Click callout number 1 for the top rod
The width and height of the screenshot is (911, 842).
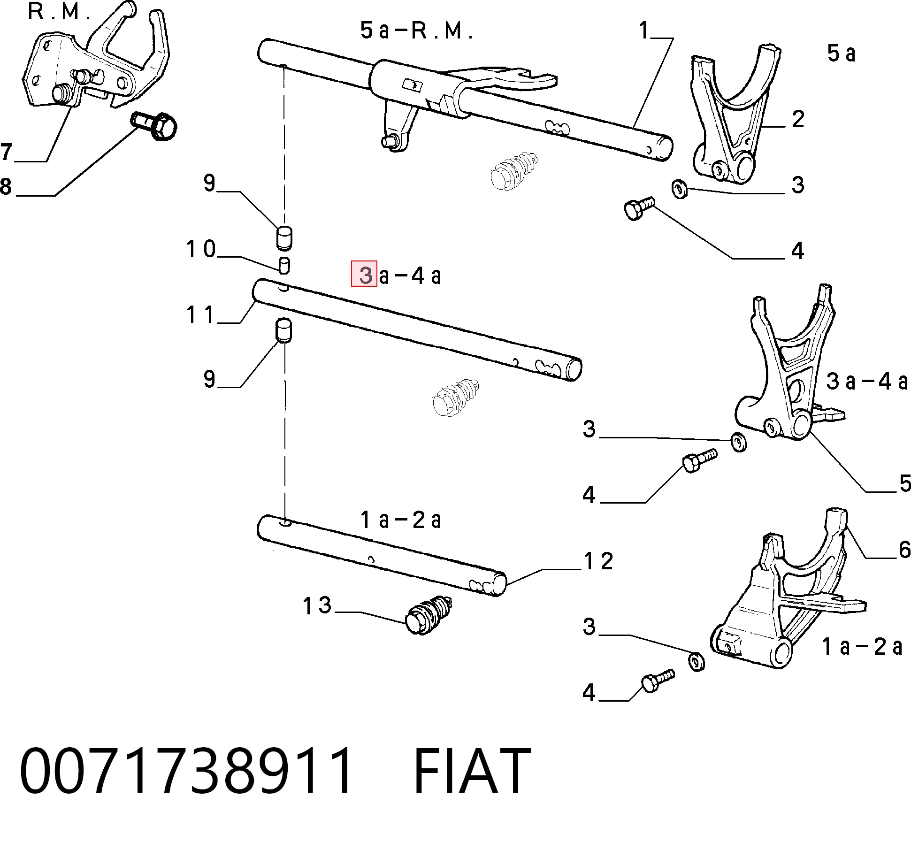643,31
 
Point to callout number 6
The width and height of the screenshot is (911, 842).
904,550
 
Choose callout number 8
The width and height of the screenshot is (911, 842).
6,186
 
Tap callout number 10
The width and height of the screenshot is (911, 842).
201,249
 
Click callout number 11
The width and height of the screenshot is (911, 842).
200,314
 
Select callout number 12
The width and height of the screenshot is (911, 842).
598,561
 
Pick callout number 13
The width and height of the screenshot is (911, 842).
317,605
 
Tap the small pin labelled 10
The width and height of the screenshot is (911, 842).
284,265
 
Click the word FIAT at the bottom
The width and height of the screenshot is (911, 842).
472,771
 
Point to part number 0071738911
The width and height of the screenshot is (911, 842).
185,771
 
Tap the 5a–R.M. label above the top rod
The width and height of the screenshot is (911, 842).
416,31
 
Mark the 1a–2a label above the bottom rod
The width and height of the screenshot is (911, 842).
401,520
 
